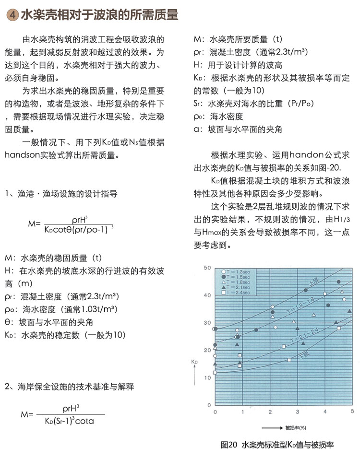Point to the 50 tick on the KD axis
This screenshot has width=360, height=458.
pos(207,267)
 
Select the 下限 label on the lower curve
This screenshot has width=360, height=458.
pos(303,355)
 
